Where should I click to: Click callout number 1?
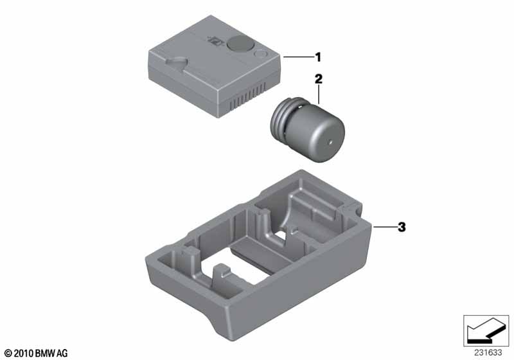pyautogui.click(x=317, y=57)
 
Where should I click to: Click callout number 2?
pyautogui.click(x=318, y=79)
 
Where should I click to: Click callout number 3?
pyautogui.click(x=402, y=227)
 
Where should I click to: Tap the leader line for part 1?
pyautogui.click(x=298, y=57)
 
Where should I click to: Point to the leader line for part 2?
pyautogui.click(x=319, y=94)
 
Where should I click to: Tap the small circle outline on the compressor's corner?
pyautogui.click(x=261, y=53)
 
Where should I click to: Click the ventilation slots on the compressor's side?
pyautogui.click(x=247, y=96)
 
